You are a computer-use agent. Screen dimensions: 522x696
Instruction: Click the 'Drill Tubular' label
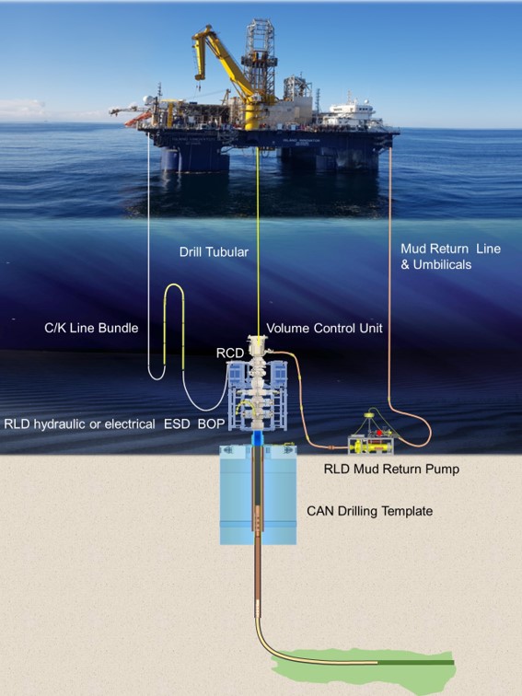214,252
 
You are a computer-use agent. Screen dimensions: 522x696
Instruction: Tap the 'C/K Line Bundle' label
91,328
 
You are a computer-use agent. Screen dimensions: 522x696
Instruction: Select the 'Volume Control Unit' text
324,328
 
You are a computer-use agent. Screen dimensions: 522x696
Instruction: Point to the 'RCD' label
230,353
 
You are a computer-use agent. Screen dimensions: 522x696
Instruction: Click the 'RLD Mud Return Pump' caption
391,470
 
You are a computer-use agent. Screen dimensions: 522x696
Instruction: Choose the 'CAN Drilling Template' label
370,511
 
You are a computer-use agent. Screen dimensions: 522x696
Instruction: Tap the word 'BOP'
212,423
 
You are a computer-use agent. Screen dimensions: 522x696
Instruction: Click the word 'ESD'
177,423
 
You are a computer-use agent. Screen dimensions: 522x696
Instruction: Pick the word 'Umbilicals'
442,264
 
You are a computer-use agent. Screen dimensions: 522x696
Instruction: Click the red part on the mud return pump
380,433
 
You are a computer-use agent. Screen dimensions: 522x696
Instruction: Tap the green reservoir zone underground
364,665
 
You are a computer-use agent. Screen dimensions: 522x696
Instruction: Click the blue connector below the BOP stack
258,439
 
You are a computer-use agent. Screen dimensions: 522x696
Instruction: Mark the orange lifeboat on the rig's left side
138,120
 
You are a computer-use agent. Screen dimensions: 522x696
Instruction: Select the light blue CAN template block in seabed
259,495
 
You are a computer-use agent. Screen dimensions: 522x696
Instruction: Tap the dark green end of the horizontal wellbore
416,663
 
